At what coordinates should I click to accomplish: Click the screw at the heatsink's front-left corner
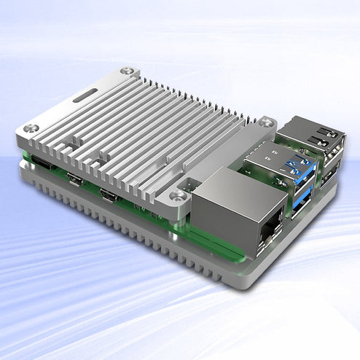click(29, 129)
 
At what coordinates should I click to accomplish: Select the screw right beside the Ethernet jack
click(176, 195)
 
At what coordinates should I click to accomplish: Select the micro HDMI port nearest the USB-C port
click(74, 179)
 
